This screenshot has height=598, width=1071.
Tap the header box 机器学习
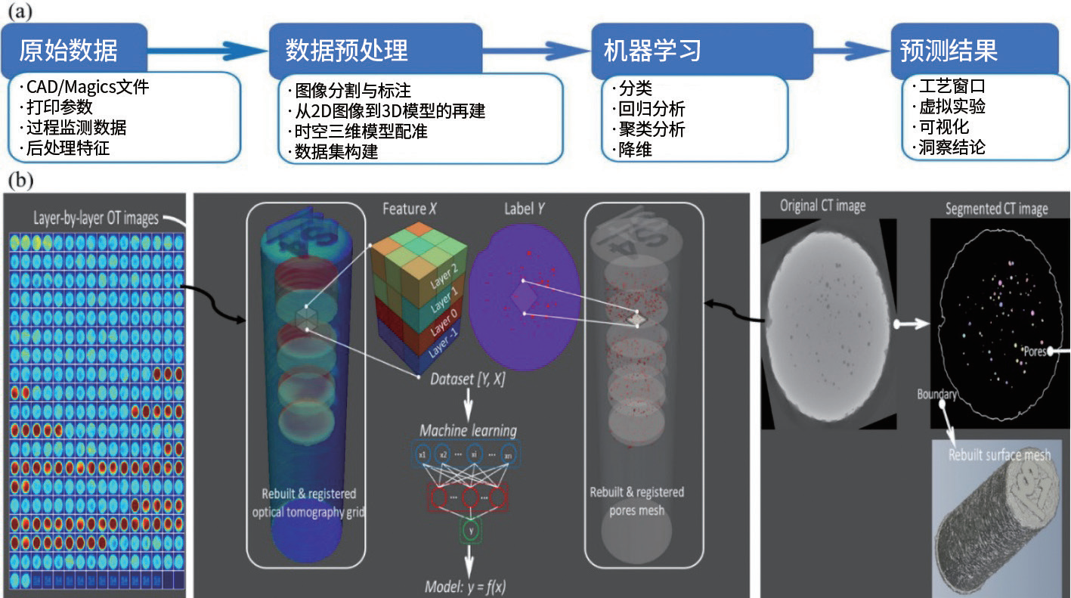(652, 50)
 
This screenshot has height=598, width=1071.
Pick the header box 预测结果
(949, 50)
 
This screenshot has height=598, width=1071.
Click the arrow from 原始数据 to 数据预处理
(208, 51)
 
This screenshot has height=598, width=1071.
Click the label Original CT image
(824, 206)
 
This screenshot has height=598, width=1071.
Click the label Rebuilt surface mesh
(999, 455)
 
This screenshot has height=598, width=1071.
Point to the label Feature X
(410, 209)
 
